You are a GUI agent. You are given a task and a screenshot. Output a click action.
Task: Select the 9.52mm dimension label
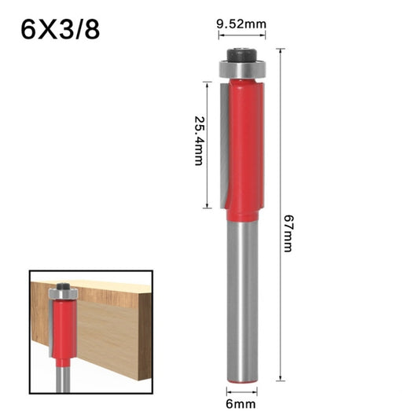tap(241, 24)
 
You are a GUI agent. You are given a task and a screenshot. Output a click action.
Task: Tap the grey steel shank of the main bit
tap(242, 299)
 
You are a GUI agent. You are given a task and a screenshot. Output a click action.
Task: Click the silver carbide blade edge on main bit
tap(226, 142)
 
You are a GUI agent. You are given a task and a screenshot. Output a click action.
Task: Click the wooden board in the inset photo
tap(110, 330)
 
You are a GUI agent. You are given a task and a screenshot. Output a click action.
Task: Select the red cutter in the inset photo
tap(62, 330)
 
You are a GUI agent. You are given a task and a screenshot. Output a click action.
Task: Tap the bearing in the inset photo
tap(62, 294)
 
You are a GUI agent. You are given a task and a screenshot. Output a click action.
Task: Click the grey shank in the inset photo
tap(62, 375)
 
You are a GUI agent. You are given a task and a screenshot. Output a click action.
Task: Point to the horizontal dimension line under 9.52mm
tap(241, 35)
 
